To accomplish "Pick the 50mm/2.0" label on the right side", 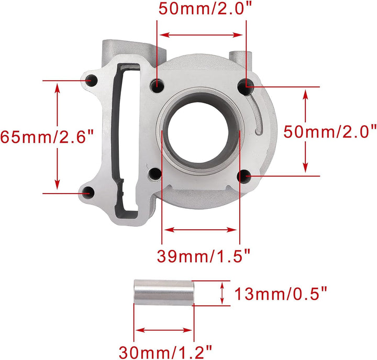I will click(330, 131).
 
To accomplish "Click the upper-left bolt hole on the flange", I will click(92, 81).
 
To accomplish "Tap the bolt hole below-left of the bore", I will click(156, 175).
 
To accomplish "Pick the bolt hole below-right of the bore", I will click(243, 177).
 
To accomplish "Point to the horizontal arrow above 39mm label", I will click(201, 229).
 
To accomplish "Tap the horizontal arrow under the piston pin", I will click(164, 330).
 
